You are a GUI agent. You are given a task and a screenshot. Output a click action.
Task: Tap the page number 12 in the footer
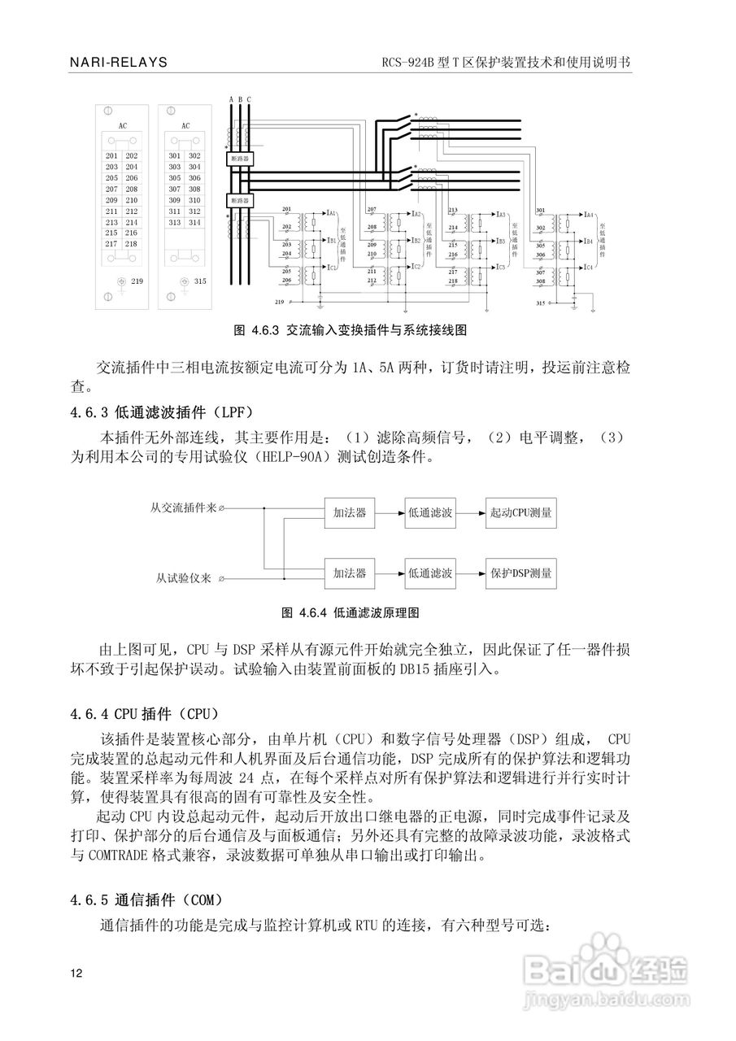coord(76,973)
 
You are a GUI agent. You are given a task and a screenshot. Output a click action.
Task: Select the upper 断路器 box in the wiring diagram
coord(240,159)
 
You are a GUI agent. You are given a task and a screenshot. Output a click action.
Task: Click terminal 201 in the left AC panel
coord(111,155)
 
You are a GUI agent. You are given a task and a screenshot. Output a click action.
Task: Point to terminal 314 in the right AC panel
coord(194,222)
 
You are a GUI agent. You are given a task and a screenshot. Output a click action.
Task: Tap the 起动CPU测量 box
coord(521,513)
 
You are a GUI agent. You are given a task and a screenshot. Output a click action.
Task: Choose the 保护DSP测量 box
coord(521,573)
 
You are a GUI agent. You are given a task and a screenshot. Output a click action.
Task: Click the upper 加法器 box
coord(351,513)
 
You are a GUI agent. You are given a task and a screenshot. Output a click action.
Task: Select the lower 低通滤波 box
coord(430,573)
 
